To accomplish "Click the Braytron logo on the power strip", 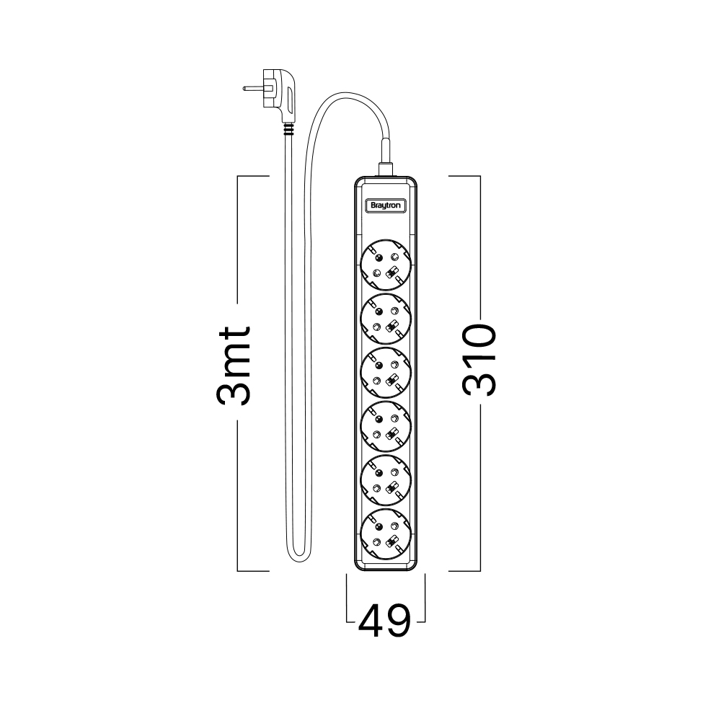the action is [385, 205].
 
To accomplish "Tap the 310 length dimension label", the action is [479, 360].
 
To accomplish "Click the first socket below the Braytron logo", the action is [386, 265].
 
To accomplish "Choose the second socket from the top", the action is [386, 319].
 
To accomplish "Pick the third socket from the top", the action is [386, 373].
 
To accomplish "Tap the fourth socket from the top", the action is [386, 426].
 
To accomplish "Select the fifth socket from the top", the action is [386, 480].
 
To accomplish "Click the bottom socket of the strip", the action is [386, 534].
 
